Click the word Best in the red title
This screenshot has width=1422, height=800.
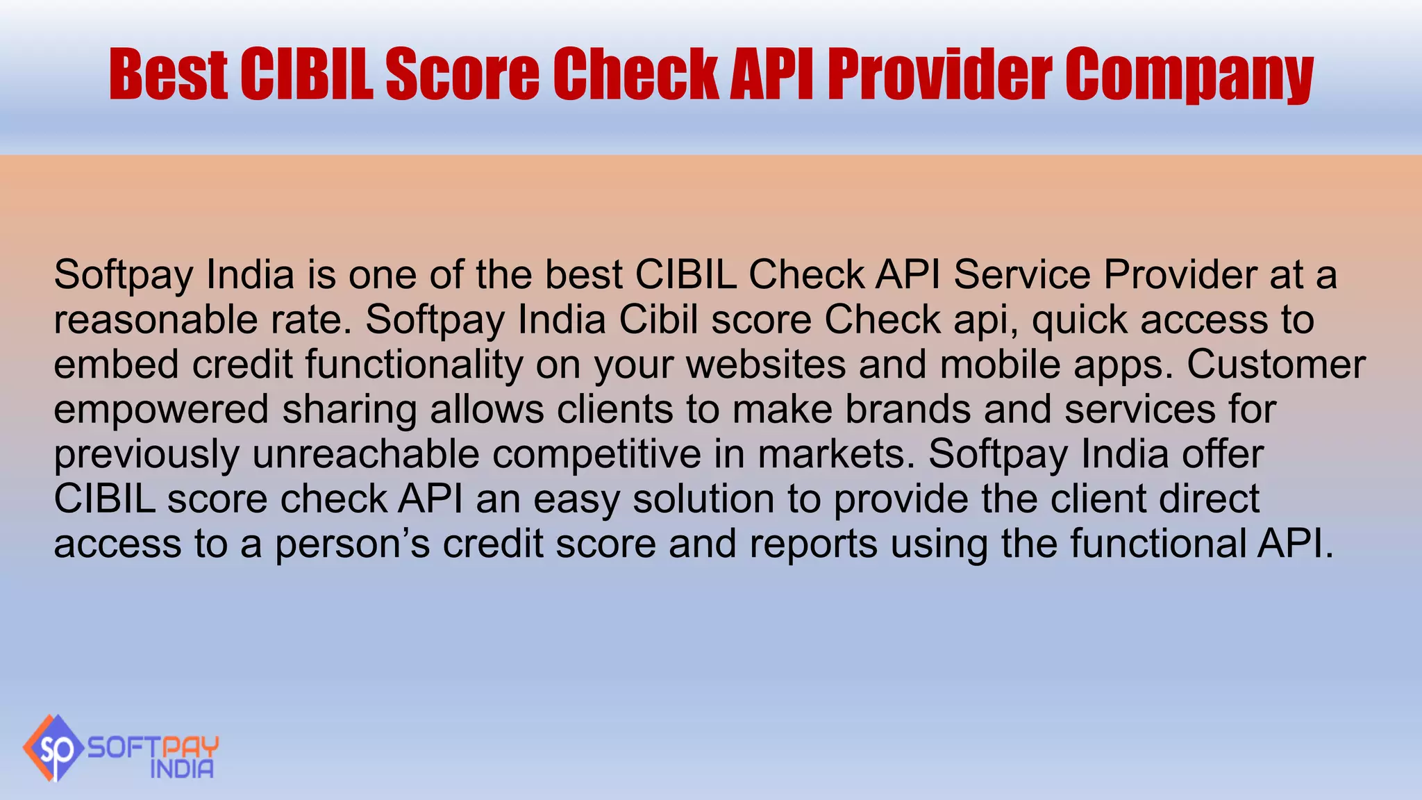168,74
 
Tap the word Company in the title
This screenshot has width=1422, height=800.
1189,75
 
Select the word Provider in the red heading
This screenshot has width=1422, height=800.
940,74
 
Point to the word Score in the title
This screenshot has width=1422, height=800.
462,74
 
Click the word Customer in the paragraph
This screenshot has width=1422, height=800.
1275,365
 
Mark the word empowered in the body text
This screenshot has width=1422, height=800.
161,410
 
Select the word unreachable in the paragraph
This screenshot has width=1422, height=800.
366,454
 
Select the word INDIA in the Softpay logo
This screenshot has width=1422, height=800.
182,769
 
